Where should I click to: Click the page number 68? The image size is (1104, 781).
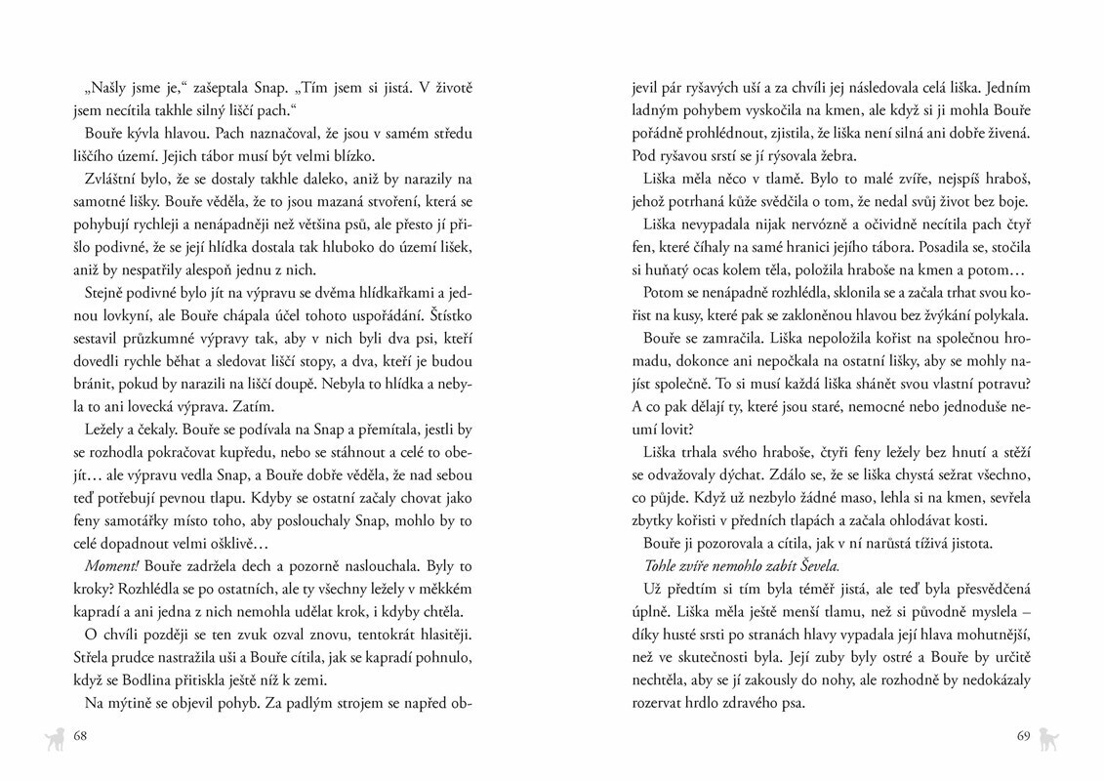[x=81, y=736]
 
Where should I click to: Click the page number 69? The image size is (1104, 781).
[x=1023, y=736]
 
